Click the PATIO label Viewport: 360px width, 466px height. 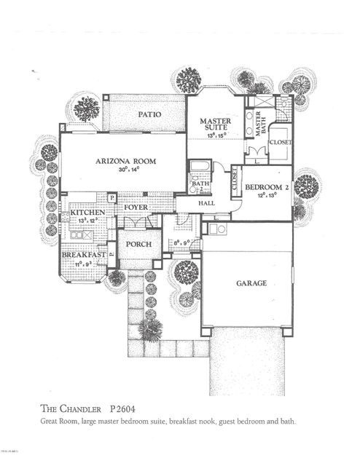(149, 115)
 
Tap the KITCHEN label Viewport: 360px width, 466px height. (88, 213)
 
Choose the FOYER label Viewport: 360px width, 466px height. (136, 208)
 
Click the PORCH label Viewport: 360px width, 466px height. (138, 245)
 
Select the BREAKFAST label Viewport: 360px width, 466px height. (84, 256)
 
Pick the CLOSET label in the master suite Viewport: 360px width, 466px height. (280, 143)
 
